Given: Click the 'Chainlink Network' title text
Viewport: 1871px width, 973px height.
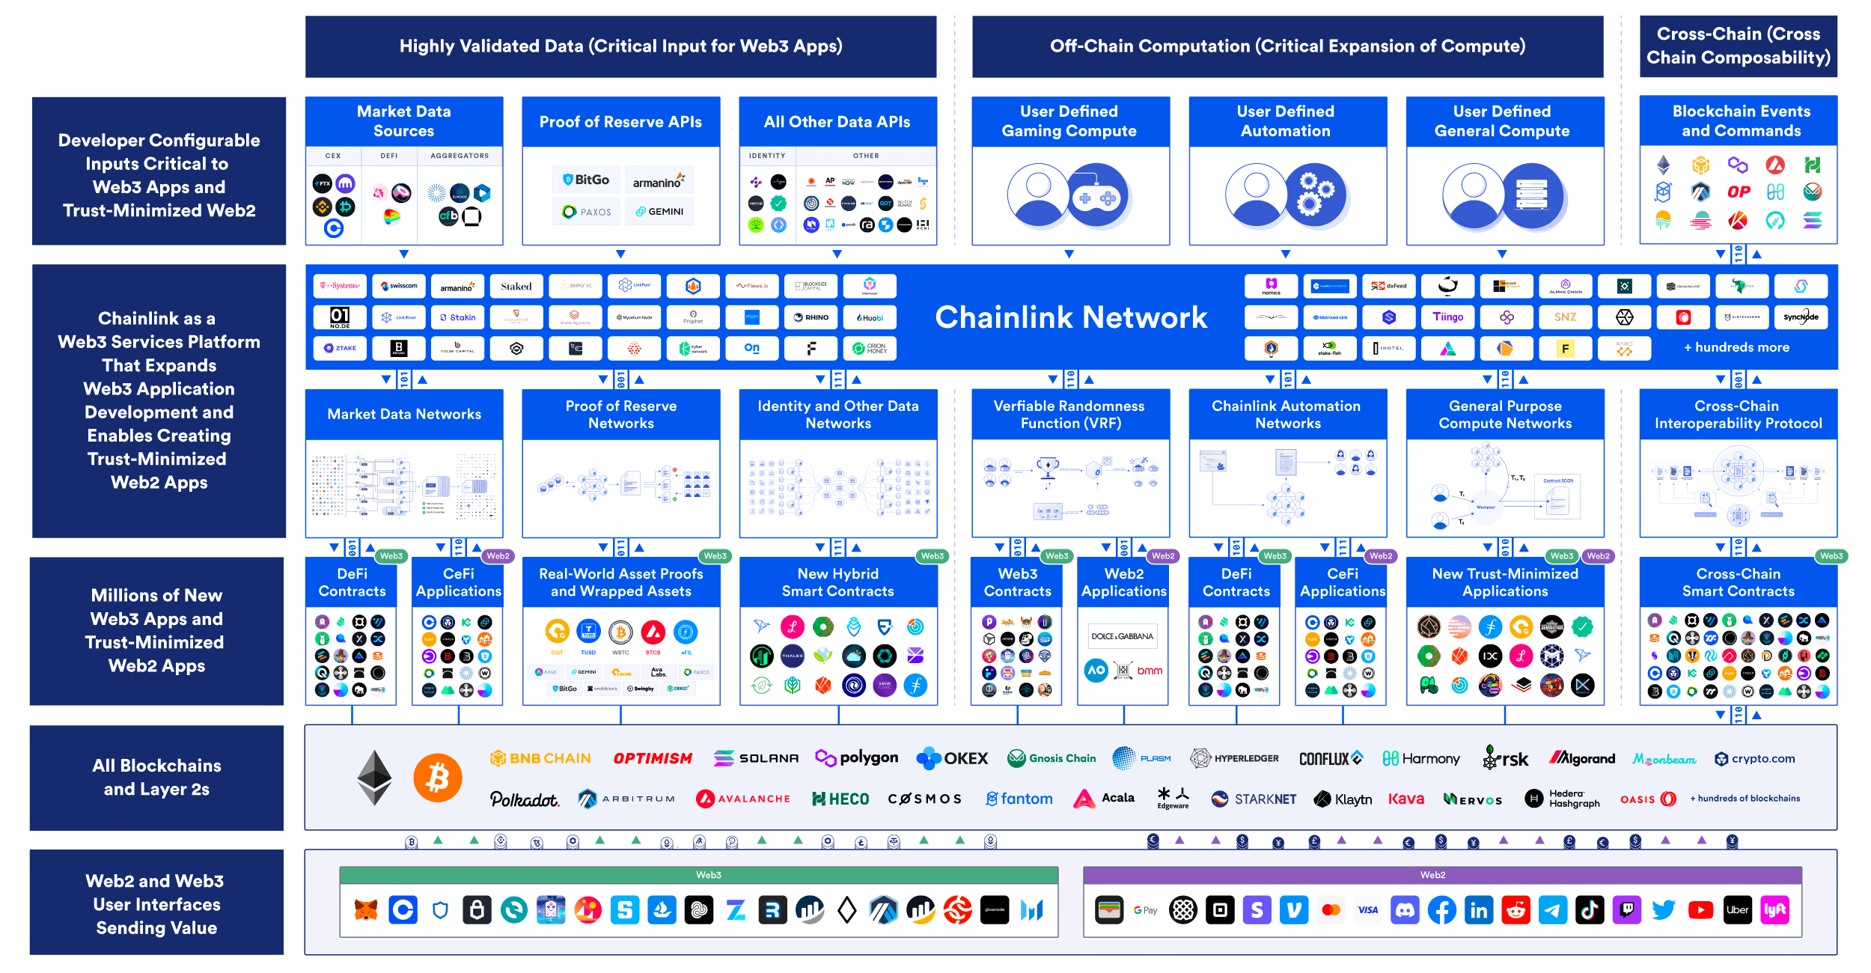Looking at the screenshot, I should click(1071, 317).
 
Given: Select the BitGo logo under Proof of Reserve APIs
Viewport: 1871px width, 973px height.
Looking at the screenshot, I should click(586, 180).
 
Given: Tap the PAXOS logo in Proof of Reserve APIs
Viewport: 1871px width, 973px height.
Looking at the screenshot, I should click(586, 212).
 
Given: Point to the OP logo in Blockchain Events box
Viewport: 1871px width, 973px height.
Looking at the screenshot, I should click(1738, 192).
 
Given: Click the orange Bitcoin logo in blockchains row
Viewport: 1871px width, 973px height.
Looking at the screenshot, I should click(437, 778).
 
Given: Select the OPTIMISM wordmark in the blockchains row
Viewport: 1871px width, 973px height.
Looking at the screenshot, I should click(653, 758).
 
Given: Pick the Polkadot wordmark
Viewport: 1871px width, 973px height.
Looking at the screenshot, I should click(524, 799).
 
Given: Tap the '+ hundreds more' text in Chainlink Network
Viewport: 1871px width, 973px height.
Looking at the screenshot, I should click(1736, 347).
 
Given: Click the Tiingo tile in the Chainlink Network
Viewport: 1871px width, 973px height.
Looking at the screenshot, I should click(1447, 317).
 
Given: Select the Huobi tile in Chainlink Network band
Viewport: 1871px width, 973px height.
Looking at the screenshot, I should click(870, 317).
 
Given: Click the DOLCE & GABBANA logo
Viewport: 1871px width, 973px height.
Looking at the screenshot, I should click(1122, 636).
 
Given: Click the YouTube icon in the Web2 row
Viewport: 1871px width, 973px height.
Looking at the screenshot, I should click(1700, 910).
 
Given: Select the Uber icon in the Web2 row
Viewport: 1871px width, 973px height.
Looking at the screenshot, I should click(1737, 910).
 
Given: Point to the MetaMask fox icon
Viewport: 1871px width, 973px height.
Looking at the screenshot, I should click(366, 910).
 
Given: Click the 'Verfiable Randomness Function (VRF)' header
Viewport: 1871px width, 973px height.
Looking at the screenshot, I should click(1069, 414).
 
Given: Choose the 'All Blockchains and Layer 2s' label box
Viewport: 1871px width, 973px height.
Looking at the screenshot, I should click(156, 777).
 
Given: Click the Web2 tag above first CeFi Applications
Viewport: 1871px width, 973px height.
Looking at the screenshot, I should click(498, 556).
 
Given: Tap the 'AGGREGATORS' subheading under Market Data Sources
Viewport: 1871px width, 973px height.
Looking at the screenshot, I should click(460, 156).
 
